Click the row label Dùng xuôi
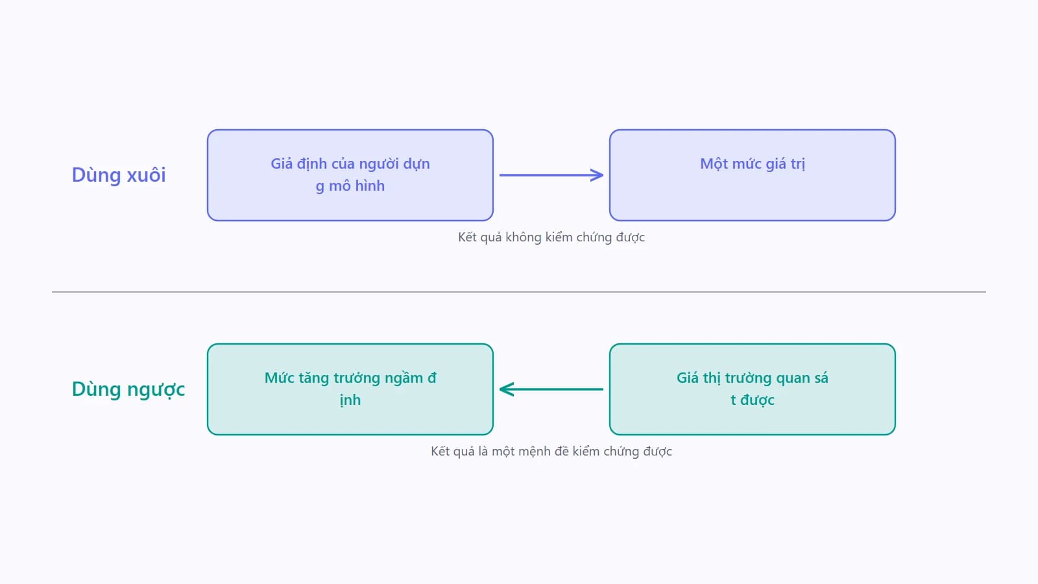click(x=119, y=175)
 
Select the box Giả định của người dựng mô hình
click(x=350, y=175)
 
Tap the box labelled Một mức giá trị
click(x=753, y=175)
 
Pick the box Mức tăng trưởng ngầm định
click(x=350, y=389)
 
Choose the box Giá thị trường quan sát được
click(x=753, y=389)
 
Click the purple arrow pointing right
click(x=551, y=175)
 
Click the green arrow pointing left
click(x=551, y=389)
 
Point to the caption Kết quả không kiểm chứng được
click(x=551, y=237)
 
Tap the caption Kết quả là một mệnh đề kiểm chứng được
click(x=551, y=452)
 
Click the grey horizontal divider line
click(x=519, y=292)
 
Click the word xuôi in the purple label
click(x=146, y=175)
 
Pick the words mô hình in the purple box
click(x=357, y=186)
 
